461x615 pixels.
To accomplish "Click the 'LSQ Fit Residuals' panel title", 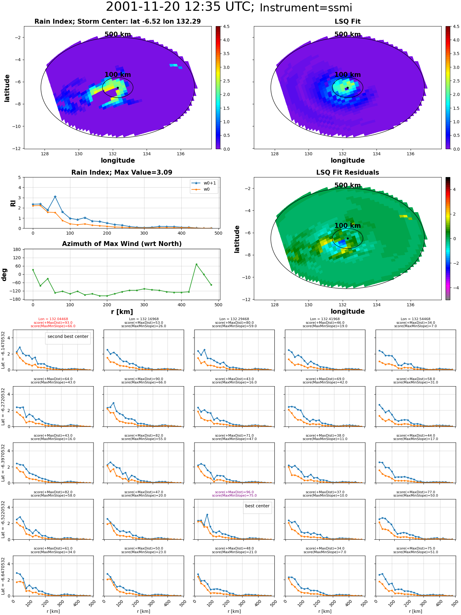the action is (348, 173).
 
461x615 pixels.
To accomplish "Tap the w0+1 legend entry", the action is (204, 183).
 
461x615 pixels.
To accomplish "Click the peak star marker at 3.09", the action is (55, 197).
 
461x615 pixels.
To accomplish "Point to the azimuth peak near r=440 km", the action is (196, 264).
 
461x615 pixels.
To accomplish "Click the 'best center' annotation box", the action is (257, 506).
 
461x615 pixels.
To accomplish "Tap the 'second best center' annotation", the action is (68, 337).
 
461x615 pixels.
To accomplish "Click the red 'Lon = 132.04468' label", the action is (53, 319).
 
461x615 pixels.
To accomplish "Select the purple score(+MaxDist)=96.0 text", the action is (234, 492).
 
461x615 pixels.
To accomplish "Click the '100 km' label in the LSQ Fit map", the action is (348, 75).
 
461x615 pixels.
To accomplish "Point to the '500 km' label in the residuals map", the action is (348, 185).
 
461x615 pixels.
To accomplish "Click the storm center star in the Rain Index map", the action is (118, 88).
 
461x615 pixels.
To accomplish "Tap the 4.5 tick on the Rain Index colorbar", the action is (226, 27).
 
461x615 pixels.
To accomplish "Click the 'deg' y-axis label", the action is (4, 274).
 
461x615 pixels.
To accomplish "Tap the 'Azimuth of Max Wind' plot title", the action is (122, 244).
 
